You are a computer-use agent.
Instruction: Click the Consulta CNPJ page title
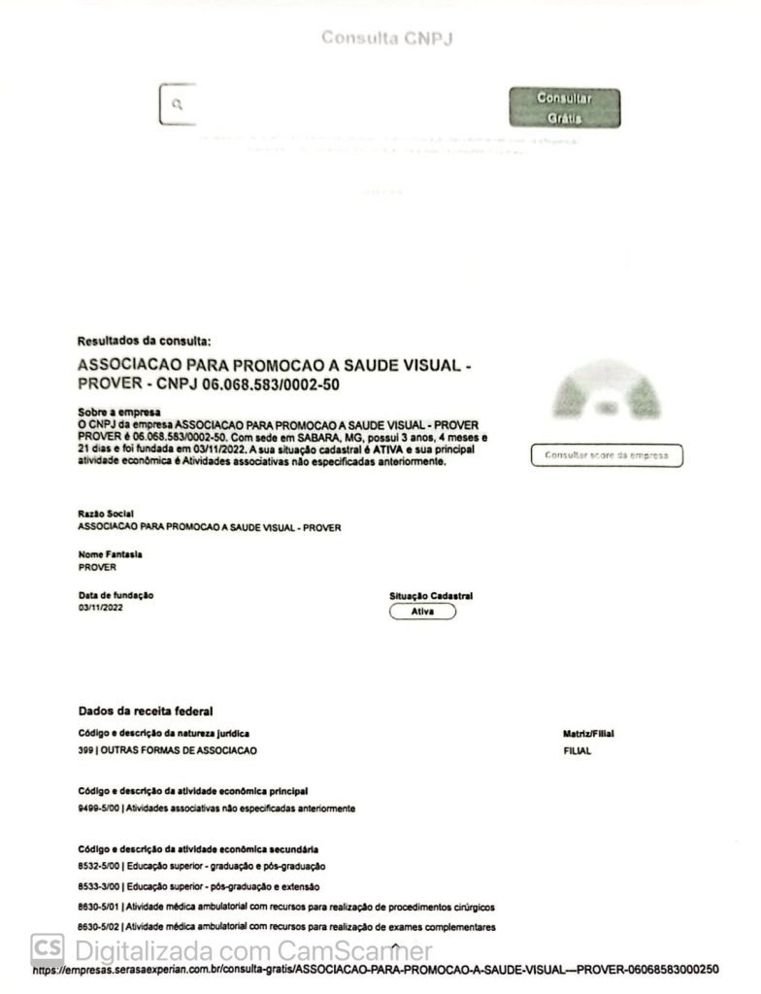pos(387,39)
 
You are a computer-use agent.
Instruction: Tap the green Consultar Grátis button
pos(564,108)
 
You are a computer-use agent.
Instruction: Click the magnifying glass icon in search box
pos(177,104)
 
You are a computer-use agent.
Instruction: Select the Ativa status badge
pos(421,612)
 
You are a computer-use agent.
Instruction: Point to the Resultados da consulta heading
pos(143,342)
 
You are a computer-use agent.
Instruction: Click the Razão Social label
pos(105,514)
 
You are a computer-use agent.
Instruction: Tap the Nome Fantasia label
pos(110,553)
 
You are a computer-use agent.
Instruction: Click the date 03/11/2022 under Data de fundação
pos(101,608)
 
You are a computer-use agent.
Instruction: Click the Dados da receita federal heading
pos(146,712)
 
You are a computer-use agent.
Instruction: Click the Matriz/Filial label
pos(589,734)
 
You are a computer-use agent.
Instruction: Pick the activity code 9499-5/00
pos(98,808)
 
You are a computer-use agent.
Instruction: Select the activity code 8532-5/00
pos(98,866)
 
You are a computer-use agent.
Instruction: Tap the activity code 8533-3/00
pos(98,886)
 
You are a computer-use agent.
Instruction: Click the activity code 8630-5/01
pos(98,907)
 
